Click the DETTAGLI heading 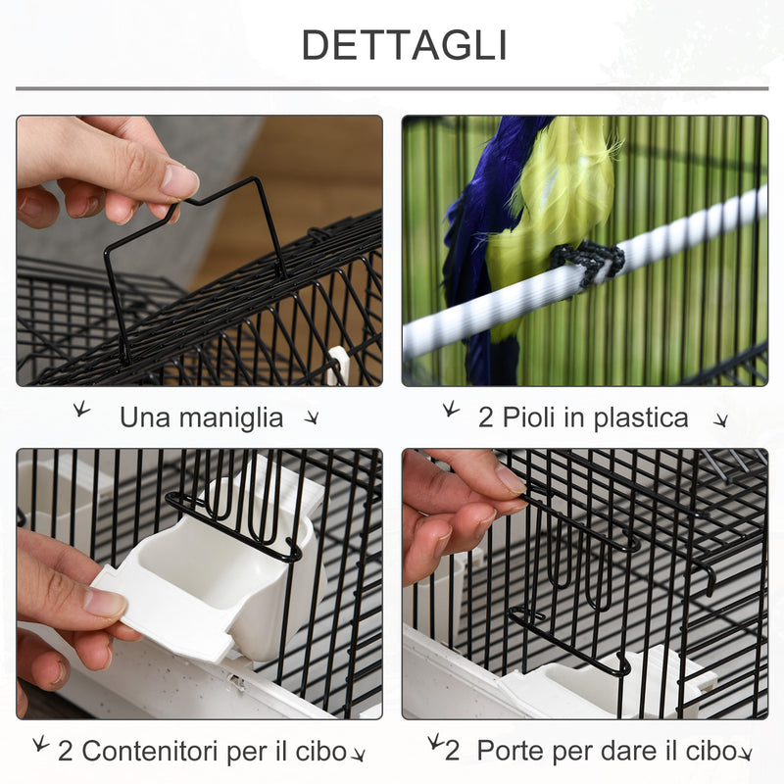point(403,45)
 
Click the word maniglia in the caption point(229,417)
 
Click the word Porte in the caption point(511,751)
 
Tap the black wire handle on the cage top point(196,255)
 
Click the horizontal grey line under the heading point(392,89)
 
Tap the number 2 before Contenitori point(66,752)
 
